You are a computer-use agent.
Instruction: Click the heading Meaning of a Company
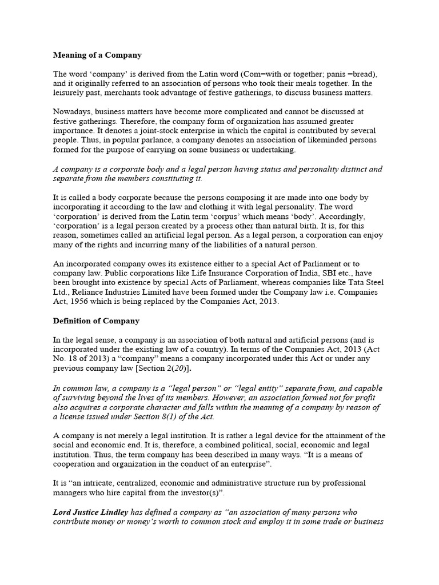click(97, 55)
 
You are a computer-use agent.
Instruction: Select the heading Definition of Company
click(96, 320)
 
